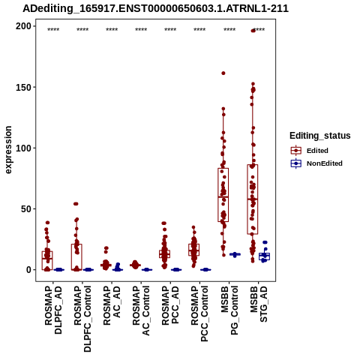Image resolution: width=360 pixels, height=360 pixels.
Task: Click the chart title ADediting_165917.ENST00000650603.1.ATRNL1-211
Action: pyautogui.click(x=155, y=8)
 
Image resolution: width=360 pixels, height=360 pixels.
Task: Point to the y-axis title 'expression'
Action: pyautogui.click(x=8, y=150)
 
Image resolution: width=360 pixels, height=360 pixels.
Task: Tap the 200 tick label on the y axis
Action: pyautogui.click(x=23, y=26)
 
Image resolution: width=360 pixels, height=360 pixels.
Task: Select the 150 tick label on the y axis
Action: pyautogui.click(x=23, y=87)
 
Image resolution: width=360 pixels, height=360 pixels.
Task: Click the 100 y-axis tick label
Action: pyautogui.click(x=23, y=148)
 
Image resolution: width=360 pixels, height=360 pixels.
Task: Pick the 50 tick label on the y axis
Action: pyautogui.click(x=26, y=208)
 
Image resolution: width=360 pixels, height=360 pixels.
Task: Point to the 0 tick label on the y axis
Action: pyautogui.click(x=28, y=270)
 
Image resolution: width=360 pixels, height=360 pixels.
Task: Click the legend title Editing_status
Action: pyautogui.click(x=320, y=136)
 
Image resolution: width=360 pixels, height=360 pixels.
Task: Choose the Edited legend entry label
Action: pyautogui.click(x=317, y=151)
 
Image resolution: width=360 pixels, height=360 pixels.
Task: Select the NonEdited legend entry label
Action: pyautogui.click(x=325, y=163)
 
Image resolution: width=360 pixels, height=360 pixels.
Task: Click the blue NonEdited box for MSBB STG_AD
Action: pyautogui.click(x=264, y=256)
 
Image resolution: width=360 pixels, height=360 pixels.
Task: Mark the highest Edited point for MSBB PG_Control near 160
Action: pyautogui.click(x=223, y=73)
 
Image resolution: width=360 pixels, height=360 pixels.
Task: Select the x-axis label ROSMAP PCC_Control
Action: pyautogui.click(x=199, y=313)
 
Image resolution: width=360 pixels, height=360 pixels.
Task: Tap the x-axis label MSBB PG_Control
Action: pyautogui.click(x=229, y=310)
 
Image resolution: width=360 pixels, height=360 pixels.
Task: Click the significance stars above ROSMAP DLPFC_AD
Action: pyautogui.click(x=53, y=30)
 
